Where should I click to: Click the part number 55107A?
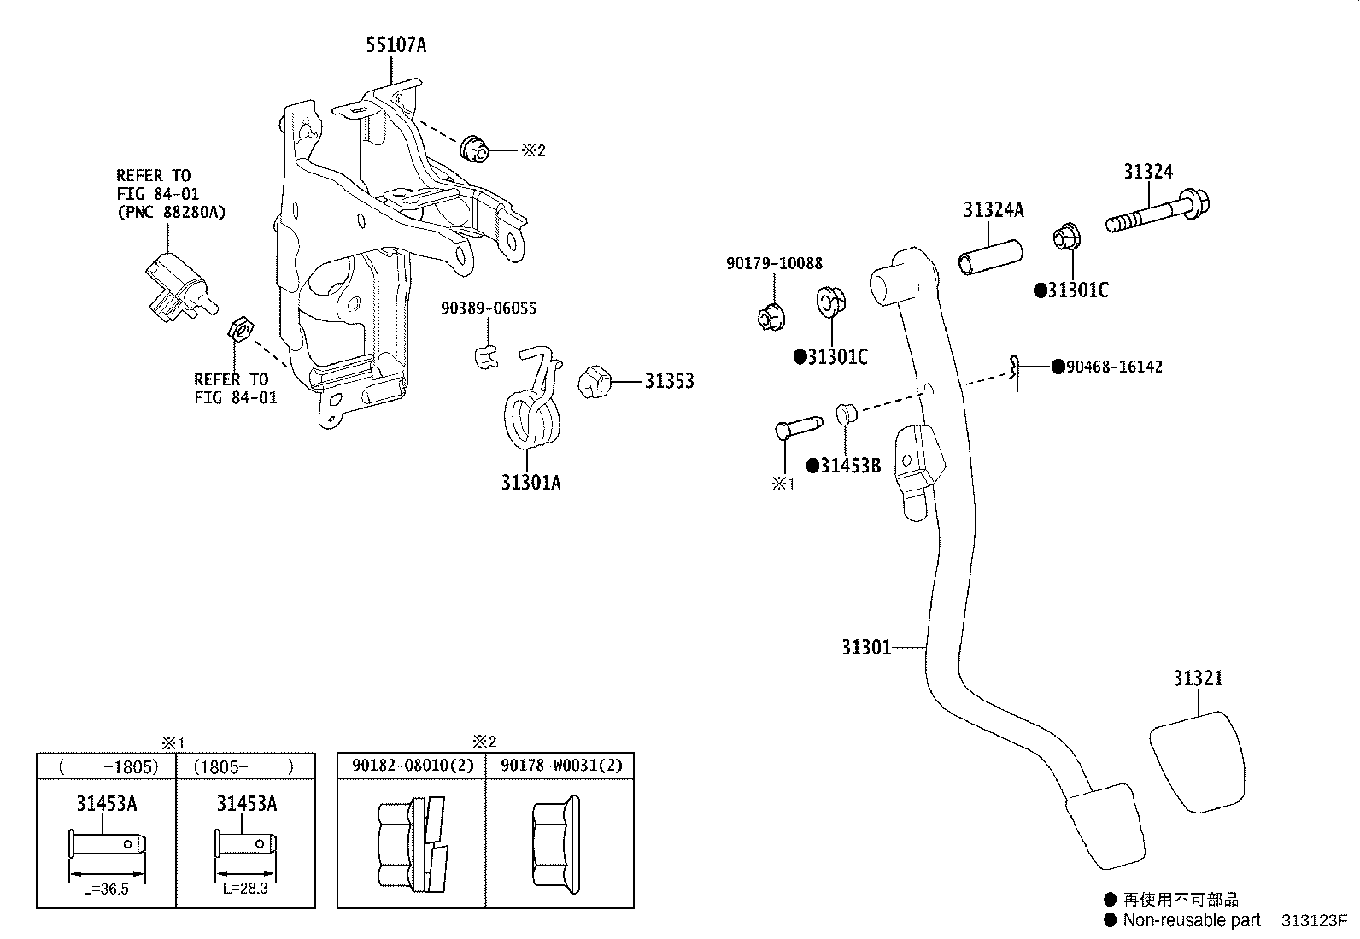[x=396, y=45]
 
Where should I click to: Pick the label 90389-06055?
[x=489, y=308]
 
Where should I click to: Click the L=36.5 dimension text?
[x=106, y=889]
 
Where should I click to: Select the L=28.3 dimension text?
[x=246, y=889]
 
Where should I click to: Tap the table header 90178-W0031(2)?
[x=561, y=766]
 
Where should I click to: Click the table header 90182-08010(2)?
[x=413, y=766]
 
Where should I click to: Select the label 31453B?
[x=850, y=467]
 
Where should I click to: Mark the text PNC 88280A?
[x=171, y=212]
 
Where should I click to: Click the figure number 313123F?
[x=1313, y=921]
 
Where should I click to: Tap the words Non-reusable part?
[x=1191, y=920]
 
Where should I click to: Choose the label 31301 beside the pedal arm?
[x=865, y=648]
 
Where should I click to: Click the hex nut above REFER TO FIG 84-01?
[x=240, y=328]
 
